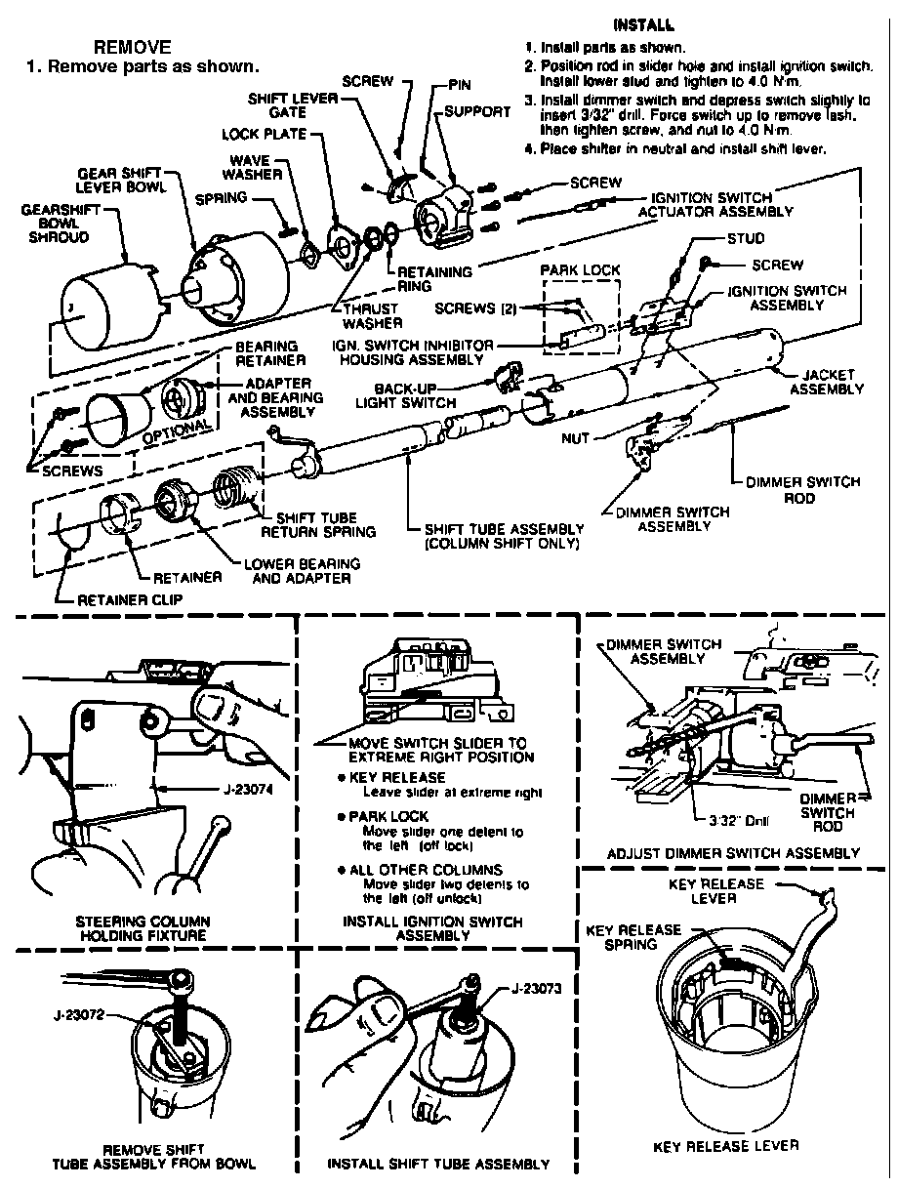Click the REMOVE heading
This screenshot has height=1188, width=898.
(x=132, y=47)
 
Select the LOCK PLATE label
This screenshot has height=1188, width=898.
(x=264, y=134)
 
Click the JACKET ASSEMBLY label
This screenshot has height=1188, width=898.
(x=827, y=382)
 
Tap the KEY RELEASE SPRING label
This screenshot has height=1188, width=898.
(x=632, y=937)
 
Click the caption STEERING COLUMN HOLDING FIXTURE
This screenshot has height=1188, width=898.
(x=143, y=927)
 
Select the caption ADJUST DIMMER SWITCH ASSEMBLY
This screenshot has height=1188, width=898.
(x=733, y=852)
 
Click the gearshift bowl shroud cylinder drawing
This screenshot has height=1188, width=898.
(x=103, y=302)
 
